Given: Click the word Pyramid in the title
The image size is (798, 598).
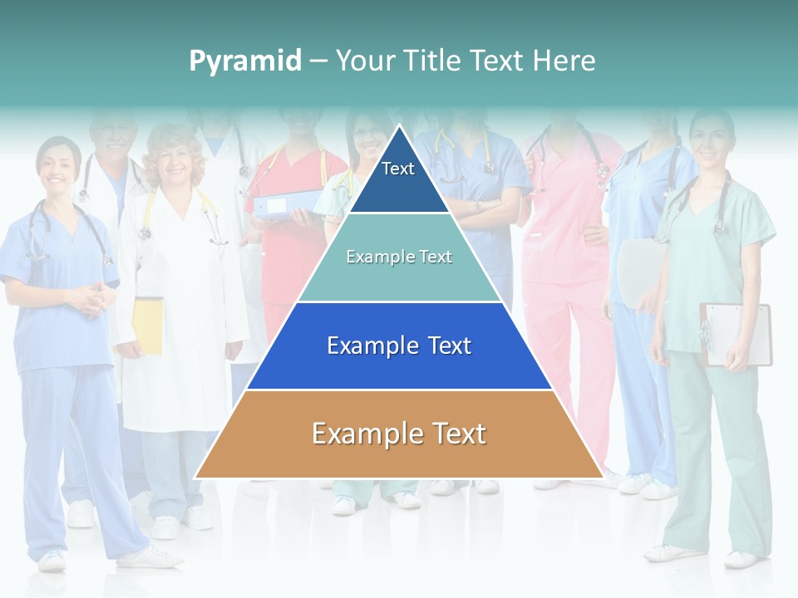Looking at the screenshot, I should tap(245, 61).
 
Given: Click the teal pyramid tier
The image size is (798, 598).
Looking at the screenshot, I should tap(399, 257).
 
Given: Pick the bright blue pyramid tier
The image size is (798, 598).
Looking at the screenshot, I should tap(399, 346).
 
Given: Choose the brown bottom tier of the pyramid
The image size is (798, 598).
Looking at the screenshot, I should tap(399, 434).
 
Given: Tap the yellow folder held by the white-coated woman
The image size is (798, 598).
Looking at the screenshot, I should tap(148, 326).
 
